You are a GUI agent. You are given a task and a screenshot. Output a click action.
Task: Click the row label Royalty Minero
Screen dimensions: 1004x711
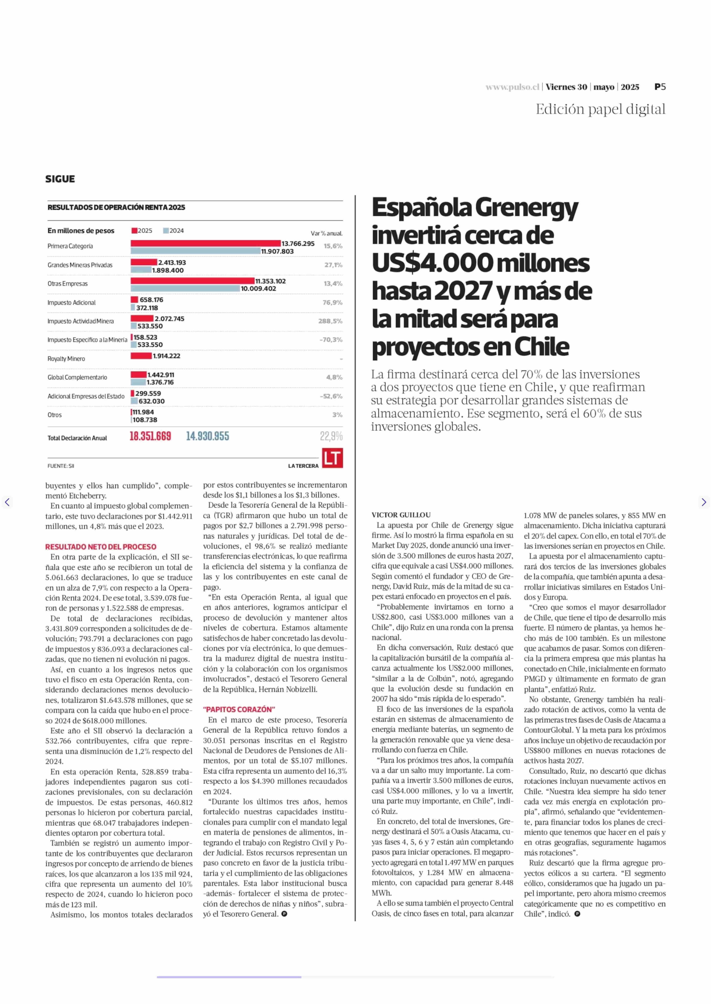pos(66,359)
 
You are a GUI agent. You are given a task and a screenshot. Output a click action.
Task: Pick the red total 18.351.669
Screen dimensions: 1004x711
pos(150,436)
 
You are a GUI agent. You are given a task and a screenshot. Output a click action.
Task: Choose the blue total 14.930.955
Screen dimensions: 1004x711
pos(208,436)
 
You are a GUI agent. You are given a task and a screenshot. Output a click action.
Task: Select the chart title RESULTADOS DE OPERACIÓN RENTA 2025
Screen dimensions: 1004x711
pos(116,207)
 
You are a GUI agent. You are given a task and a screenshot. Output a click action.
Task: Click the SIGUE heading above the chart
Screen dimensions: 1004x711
pos(60,179)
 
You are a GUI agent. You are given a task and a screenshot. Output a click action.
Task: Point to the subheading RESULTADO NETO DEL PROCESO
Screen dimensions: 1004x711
pos(101,547)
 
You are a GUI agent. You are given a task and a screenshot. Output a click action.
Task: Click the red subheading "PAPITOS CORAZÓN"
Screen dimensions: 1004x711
pos(239,709)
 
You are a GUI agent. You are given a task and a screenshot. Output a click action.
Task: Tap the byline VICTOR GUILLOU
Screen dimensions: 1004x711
pos(401,515)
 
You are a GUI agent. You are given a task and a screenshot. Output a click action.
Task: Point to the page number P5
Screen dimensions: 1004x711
pos(660,87)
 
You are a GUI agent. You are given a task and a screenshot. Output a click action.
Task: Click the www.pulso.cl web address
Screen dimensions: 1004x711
pos(512,87)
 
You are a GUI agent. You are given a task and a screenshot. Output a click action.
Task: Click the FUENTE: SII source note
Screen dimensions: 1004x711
pos(61,466)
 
